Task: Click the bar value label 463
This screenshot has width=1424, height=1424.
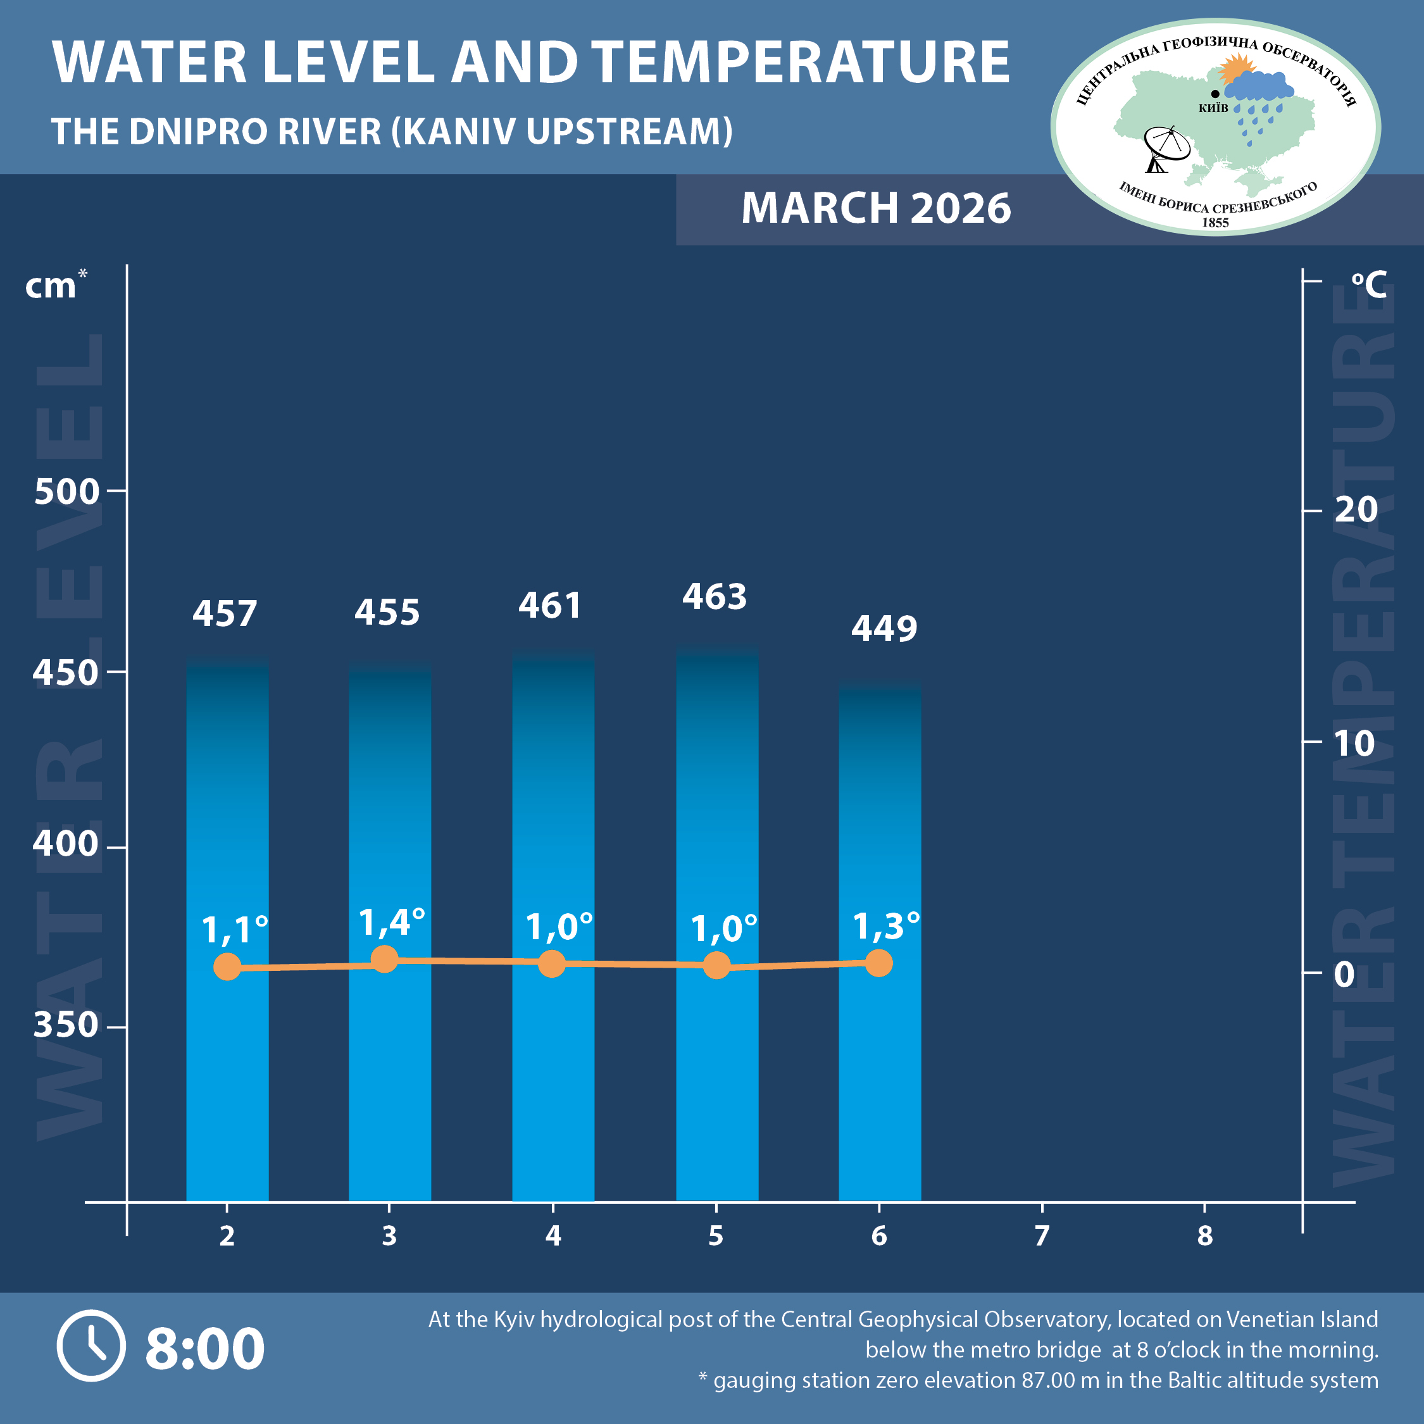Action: [714, 597]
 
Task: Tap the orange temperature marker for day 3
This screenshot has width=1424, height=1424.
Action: [385, 959]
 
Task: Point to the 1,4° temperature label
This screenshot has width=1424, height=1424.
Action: [391, 923]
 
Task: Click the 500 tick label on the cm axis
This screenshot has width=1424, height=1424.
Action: [66, 492]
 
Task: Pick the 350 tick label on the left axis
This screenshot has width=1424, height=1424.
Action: [66, 1025]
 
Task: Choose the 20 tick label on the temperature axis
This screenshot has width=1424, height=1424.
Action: [1356, 509]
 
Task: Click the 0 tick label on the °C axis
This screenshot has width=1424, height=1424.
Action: [1344, 975]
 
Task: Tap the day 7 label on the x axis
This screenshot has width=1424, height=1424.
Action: [1042, 1236]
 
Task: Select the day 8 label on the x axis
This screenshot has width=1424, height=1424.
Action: [1204, 1236]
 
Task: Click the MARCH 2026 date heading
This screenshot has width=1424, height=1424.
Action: [876, 208]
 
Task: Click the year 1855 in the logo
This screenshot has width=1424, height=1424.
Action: [1215, 223]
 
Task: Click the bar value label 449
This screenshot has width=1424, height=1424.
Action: [884, 628]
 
